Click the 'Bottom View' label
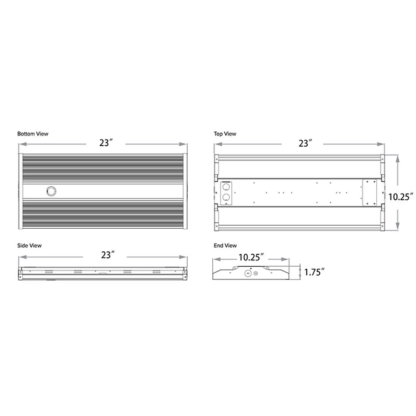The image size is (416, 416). pos(33,134)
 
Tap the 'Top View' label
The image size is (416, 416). pos(225,134)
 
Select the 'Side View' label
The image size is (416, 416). pos(30,245)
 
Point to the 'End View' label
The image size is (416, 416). pos(225,245)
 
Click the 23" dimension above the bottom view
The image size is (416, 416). pos(106,143)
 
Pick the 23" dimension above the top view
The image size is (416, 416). pos(305,143)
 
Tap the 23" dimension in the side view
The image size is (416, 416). pos(108,256)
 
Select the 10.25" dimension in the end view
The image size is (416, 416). pos(251,257)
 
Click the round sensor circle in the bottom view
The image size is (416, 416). pos(51,190)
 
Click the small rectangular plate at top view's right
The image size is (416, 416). pos(370,192)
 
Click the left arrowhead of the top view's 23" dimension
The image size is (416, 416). pos(216,143)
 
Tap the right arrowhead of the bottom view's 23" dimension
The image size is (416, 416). pos(187,143)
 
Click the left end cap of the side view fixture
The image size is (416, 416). pos(20,273)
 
